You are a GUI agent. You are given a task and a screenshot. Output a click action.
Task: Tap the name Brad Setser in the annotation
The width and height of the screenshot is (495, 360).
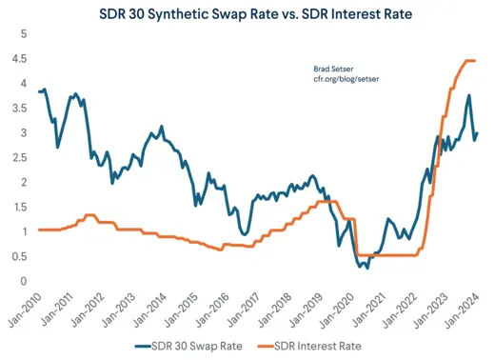click(x=334, y=69)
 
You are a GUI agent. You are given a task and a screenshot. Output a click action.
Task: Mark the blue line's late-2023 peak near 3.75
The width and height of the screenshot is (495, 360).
click(x=468, y=95)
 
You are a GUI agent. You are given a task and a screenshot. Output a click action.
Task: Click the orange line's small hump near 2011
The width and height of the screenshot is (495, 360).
click(x=89, y=215)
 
